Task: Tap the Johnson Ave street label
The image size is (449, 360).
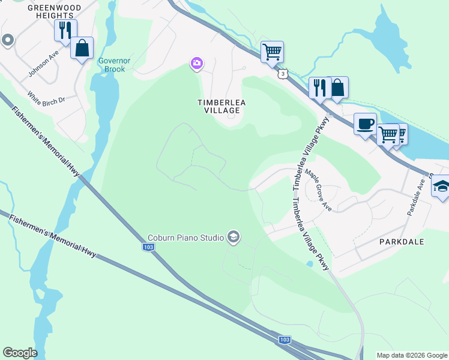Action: [43, 64]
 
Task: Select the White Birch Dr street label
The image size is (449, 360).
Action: [46, 98]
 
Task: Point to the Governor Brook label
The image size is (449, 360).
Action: [112, 65]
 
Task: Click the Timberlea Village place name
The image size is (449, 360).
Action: [222, 107]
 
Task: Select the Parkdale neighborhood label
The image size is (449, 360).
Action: [402, 241]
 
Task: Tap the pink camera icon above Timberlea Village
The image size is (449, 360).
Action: [196, 63]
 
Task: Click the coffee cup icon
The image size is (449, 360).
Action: [365, 124]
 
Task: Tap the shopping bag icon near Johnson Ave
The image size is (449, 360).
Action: [82, 48]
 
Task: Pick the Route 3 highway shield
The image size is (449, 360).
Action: [282, 73]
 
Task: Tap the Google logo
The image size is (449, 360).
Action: [20, 353]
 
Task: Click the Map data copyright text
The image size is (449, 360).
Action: [412, 355]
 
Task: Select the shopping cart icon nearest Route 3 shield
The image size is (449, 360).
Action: [272, 52]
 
